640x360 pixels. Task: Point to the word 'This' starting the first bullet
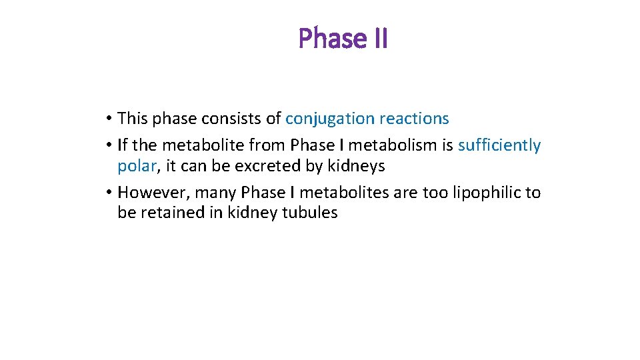coord(133,119)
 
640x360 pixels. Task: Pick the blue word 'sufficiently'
coord(499,145)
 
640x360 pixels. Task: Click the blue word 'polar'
coord(136,166)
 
